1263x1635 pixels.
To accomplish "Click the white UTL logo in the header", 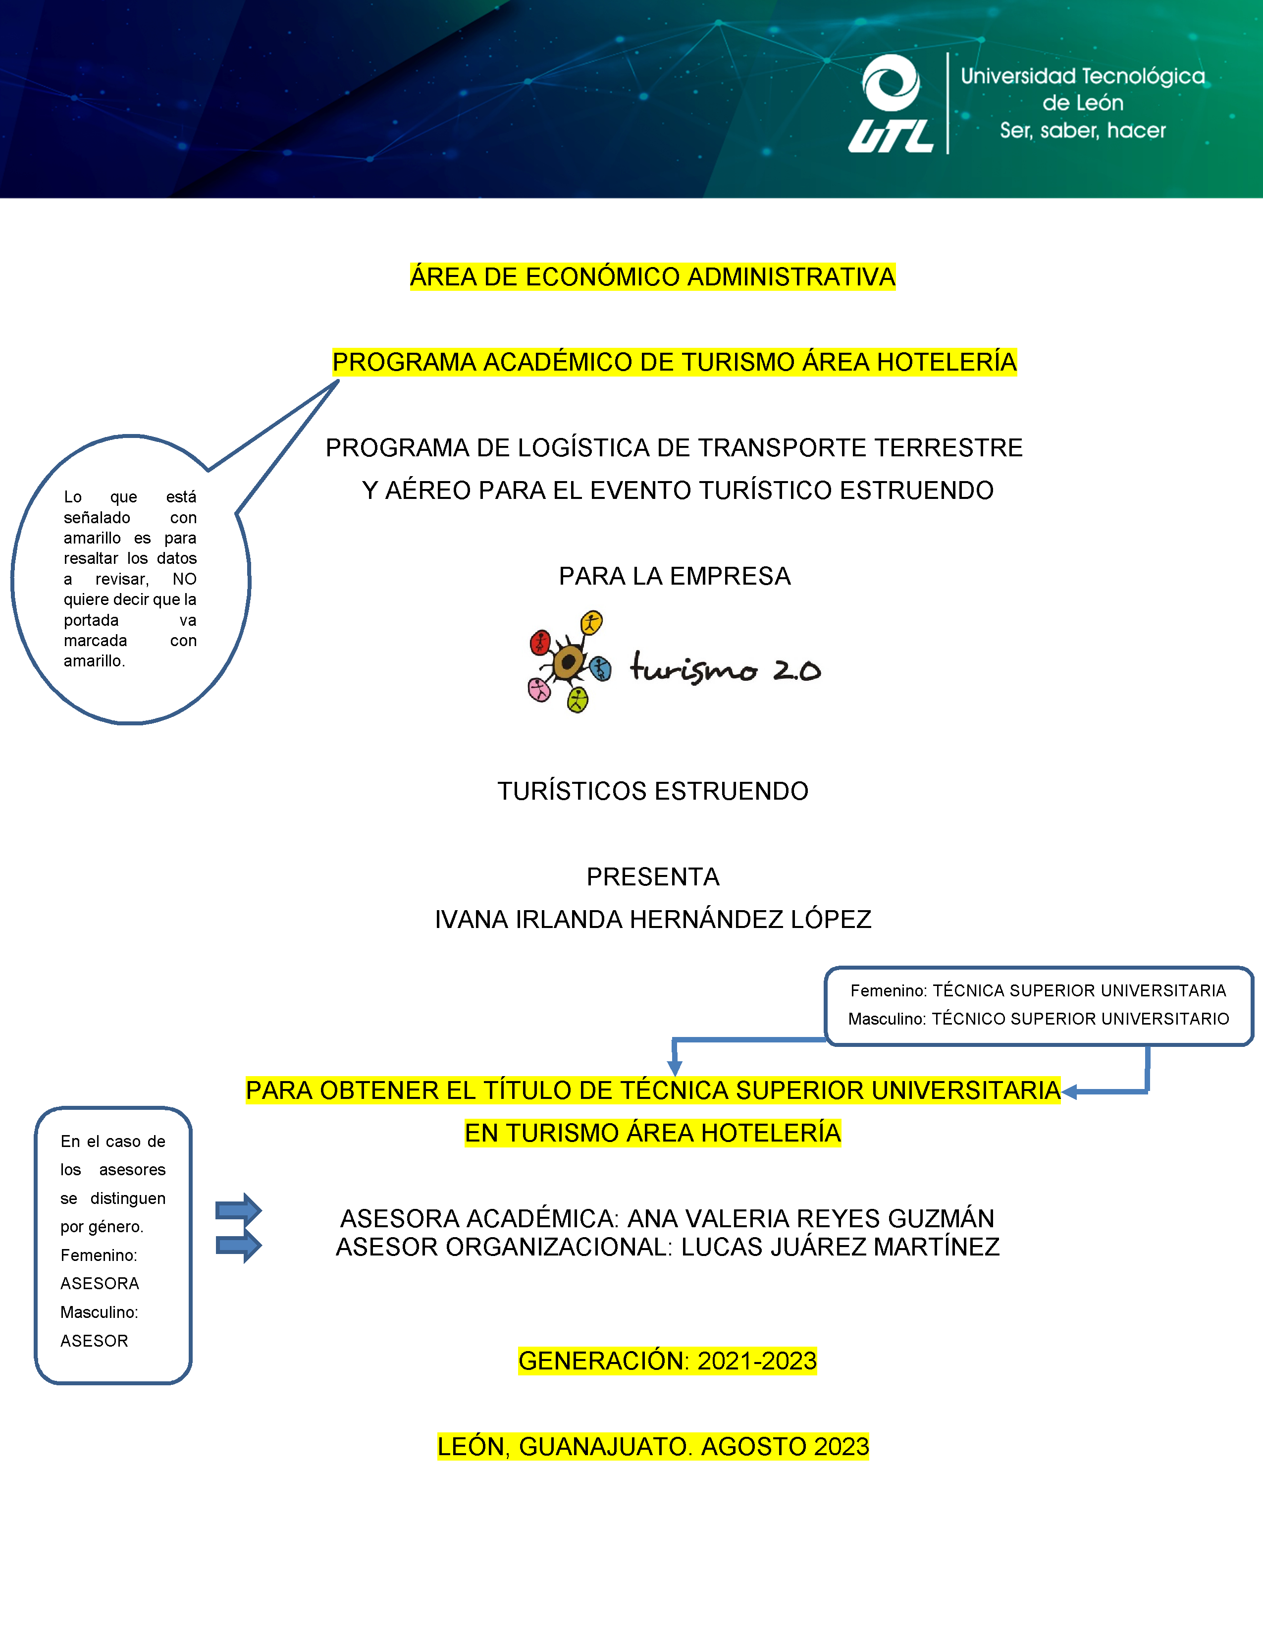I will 891,105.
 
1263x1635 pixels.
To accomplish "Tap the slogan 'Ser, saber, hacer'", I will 1083,131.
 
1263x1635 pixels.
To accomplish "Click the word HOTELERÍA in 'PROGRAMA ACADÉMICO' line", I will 947,362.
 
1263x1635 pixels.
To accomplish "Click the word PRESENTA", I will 652,876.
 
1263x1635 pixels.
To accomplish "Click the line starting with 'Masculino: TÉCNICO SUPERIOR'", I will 1038,1019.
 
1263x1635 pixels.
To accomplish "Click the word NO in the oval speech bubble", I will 184,579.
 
